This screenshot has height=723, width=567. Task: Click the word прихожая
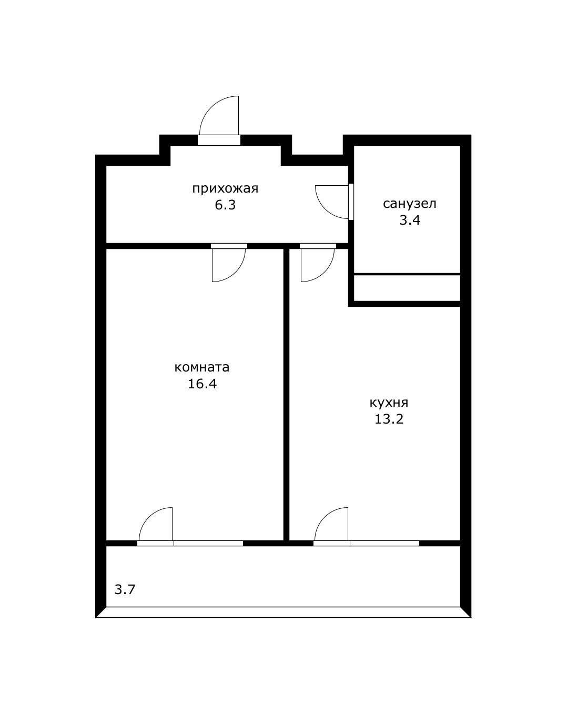pos(225,189)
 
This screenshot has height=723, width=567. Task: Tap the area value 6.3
pos(225,205)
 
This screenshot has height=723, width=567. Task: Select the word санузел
pos(409,204)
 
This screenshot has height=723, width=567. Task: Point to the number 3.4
pos(410,220)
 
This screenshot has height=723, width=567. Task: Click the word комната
pos(202,367)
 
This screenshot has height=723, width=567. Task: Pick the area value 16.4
pos(202,384)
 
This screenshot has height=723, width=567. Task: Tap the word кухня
pos(389,403)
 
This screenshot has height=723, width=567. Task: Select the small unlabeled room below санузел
pos(407,288)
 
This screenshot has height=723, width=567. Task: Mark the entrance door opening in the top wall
pos(219,140)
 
